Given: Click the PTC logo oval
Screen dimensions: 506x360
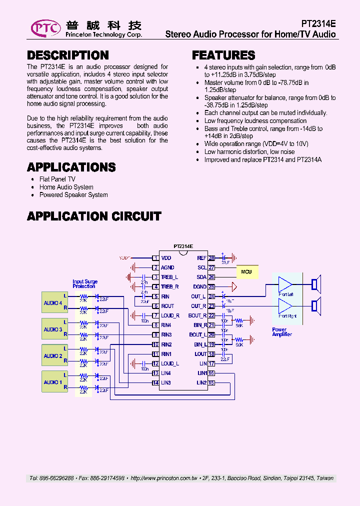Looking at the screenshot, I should pyautogui.click(x=45, y=28).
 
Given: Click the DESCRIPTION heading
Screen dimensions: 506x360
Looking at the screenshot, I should pyautogui.click(x=67, y=55).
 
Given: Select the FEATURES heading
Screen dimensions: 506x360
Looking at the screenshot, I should pyautogui.click(x=223, y=55).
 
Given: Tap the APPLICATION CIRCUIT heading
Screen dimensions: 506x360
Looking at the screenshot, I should pyautogui.click(x=94, y=216).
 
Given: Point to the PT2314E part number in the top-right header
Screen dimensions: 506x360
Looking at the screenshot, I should pyautogui.click(x=318, y=23).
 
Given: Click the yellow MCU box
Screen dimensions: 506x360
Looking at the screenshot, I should pyautogui.click(x=246, y=271).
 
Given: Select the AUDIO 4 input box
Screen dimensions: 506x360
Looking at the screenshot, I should pyautogui.click(x=53, y=303).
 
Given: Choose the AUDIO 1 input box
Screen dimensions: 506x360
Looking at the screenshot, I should pyautogui.click(x=53, y=382).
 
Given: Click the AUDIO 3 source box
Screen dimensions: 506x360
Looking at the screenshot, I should pyautogui.click(x=53, y=329).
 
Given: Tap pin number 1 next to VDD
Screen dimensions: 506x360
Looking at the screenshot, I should pyautogui.click(x=155, y=258).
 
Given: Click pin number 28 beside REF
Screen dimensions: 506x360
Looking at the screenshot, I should pyautogui.click(x=211, y=258).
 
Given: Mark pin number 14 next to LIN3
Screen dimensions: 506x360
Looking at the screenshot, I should pyautogui.click(x=155, y=382).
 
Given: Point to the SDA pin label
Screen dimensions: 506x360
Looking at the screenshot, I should pyautogui.click(x=201, y=277).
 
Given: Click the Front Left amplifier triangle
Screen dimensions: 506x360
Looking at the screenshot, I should pyautogui.click(x=285, y=285).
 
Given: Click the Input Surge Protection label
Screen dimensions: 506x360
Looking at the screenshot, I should pyautogui.click(x=84, y=284).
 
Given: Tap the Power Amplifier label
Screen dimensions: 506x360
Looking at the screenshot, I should pyautogui.click(x=281, y=332).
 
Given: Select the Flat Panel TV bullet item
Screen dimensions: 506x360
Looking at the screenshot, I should pyautogui.click(x=57, y=179).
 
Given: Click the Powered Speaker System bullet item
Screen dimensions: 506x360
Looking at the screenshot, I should pyautogui.click(x=73, y=195).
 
